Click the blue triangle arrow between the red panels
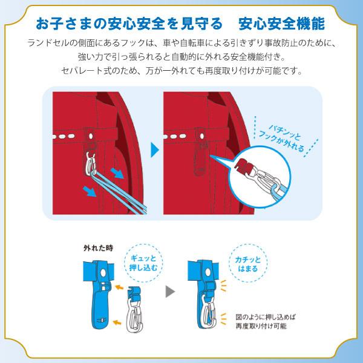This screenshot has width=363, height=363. pyautogui.click(x=154, y=150)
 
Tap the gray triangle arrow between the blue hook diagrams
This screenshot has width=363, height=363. pyautogui.click(x=170, y=291)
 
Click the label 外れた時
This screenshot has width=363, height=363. pyautogui.click(x=99, y=248)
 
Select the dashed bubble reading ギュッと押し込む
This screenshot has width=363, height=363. pyautogui.click(x=143, y=263)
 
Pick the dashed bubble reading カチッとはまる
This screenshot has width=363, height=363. pyautogui.click(x=248, y=263)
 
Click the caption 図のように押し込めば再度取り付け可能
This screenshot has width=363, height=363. pyautogui.click(x=266, y=321)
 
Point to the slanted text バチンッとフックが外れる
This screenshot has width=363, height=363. pyautogui.click(x=281, y=139)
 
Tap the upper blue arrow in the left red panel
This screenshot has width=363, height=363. pyautogui.click(x=117, y=173)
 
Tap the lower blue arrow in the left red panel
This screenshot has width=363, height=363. pyautogui.click(x=90, y=191)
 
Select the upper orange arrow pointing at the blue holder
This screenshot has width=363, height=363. pyautogui.click(x=119, y=287)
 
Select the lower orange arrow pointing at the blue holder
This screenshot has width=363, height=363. pyautogui.click(x=117, y=322)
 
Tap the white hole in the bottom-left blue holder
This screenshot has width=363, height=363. pyautogui.click(x=103, y=273)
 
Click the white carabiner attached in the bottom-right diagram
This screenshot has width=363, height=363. pyautogui.click(x=208, y=311)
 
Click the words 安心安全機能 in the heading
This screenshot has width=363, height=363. pyautogui.click(x=281, y=24)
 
